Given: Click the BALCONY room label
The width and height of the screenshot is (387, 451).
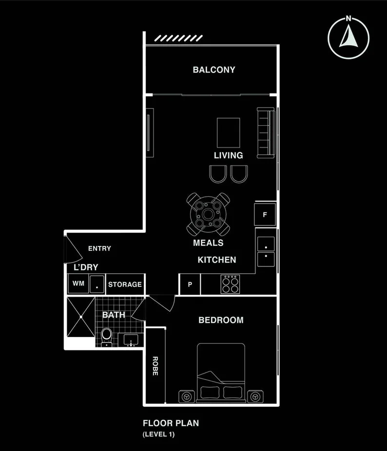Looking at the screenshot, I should (214, 70).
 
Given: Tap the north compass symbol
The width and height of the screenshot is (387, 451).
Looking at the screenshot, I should (348, 38).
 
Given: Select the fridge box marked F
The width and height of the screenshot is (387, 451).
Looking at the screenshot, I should (265, 214).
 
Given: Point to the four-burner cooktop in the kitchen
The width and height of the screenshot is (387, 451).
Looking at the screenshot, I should (230, 284).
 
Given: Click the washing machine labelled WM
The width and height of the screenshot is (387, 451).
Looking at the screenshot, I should (78, 283).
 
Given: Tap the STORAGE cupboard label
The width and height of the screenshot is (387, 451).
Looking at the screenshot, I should (125, 284).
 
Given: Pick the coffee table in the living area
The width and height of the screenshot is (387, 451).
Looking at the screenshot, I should (229, 132).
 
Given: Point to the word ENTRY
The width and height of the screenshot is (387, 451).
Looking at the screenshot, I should (99, 248).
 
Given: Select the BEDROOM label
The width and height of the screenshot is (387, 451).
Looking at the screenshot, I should (221, 320).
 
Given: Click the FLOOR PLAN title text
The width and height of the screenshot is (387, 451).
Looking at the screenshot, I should (171, 423).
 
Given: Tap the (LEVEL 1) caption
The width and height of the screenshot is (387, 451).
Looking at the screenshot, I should (158, 433).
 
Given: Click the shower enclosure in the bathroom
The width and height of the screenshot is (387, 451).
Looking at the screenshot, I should (80, 316).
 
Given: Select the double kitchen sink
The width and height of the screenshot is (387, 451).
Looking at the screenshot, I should (266, 251).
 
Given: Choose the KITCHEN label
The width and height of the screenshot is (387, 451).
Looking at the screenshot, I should (217, 260).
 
